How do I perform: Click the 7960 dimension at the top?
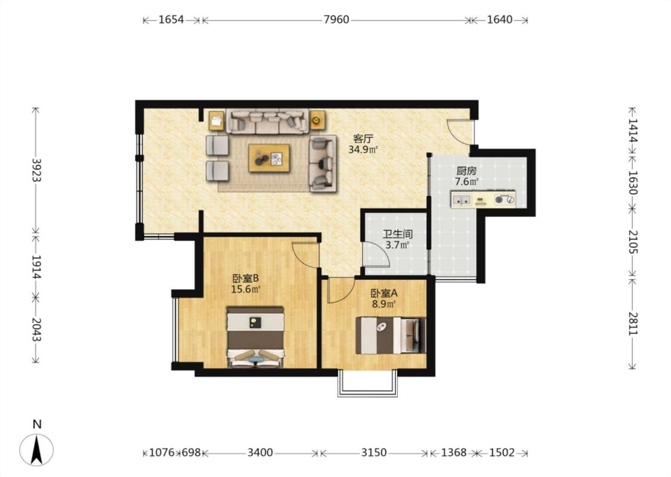click(336, 20)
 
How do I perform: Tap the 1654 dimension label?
click(171, 20)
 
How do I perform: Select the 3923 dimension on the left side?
click(36, 171)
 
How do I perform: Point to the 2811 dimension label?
click(633, 324)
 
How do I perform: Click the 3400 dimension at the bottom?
click(260, 453)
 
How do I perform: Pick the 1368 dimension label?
click(454, 453)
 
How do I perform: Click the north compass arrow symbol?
click(37, 450)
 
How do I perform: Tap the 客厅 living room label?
click(363, 138)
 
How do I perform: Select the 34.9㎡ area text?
click(363, 150)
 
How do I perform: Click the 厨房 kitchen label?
click(466, 171)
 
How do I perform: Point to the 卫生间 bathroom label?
click(398, 234)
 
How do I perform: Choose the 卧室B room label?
click(246, 278)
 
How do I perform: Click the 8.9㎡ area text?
click(384, 304)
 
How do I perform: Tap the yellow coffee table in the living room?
click(269, 158)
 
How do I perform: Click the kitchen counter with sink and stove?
click(483, 199)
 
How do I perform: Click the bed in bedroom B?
click(255, 337)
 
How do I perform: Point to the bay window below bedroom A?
click(367, 383)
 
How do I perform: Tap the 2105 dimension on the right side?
click(633, 241)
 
